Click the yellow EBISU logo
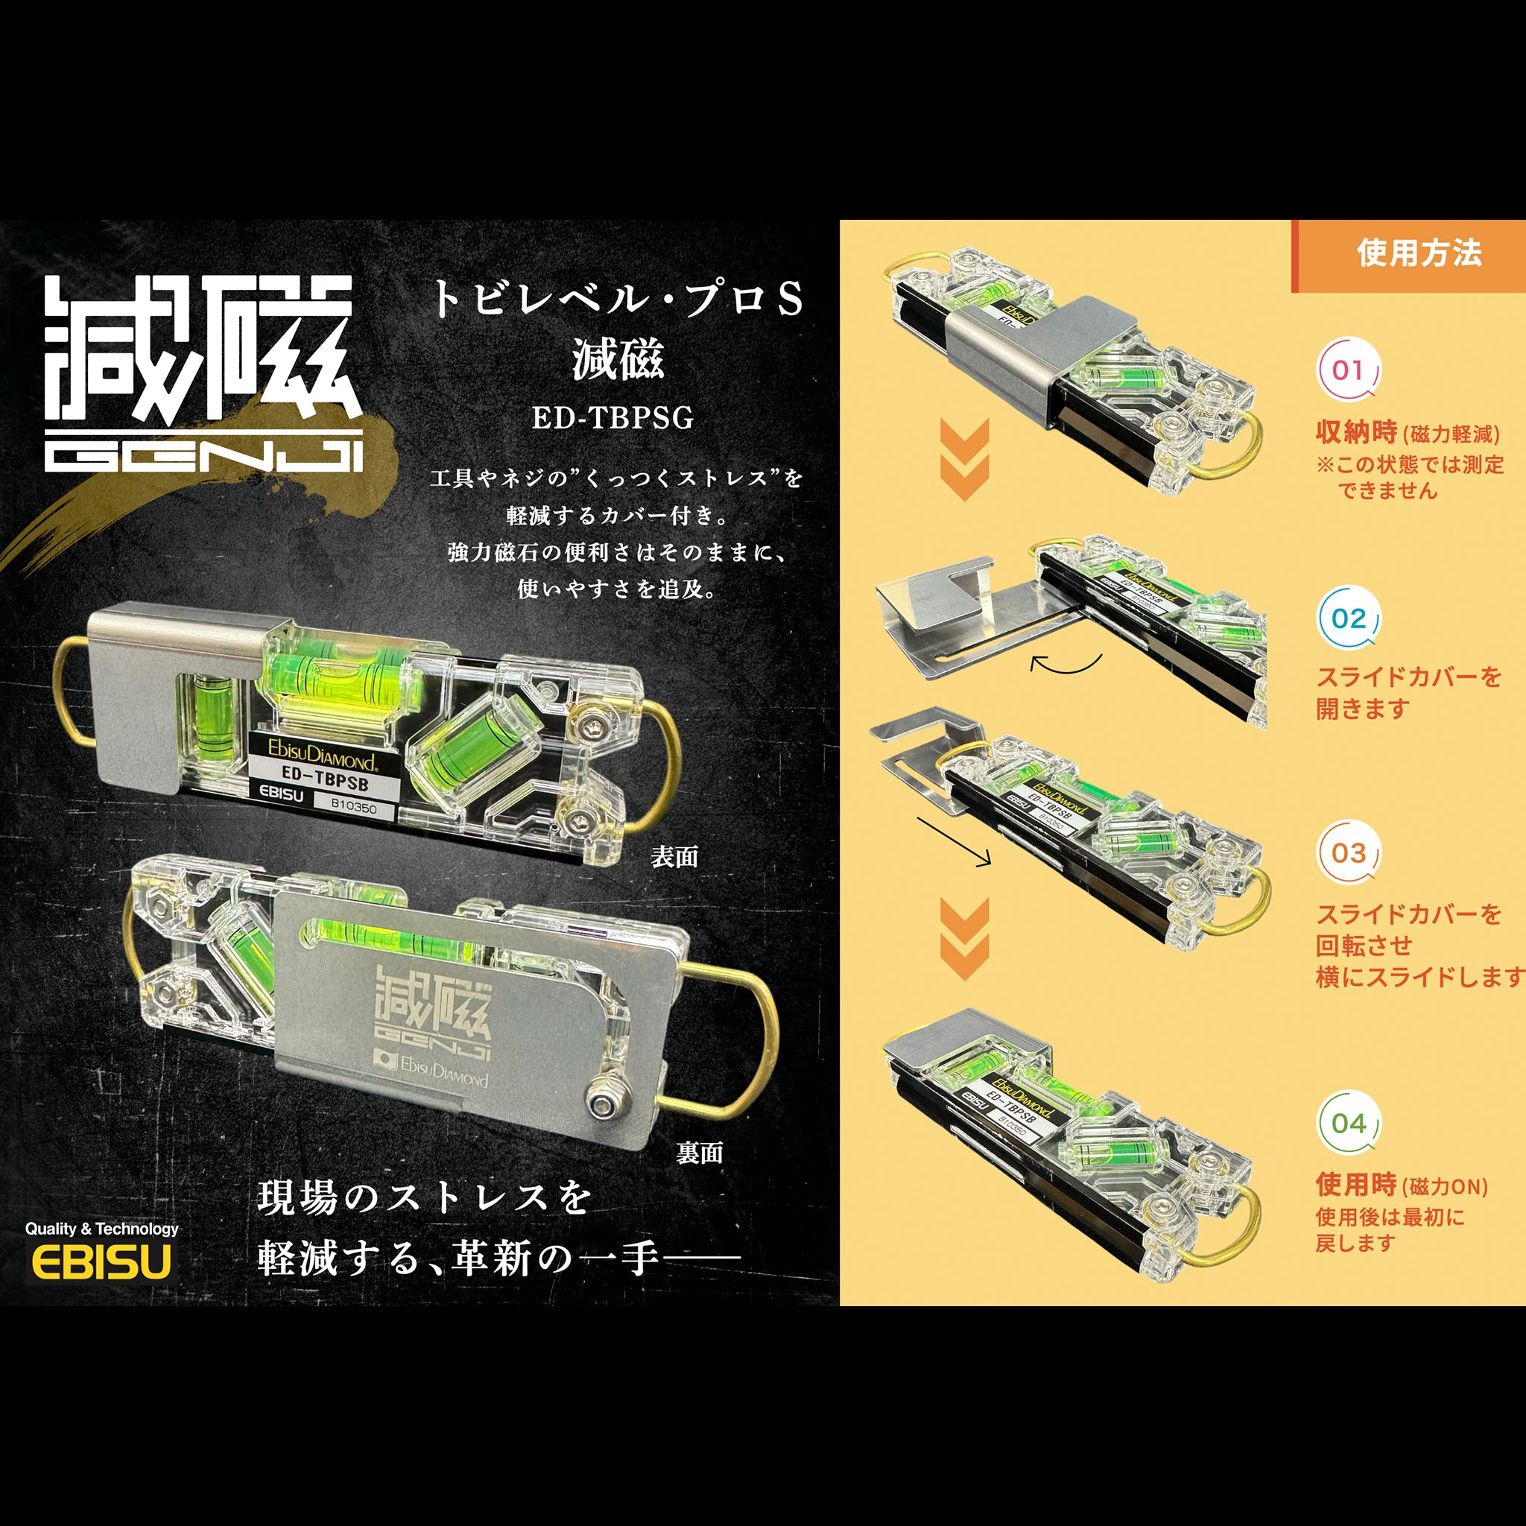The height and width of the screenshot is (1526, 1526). [101, 1261]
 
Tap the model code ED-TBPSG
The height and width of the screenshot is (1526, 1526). [612, 418]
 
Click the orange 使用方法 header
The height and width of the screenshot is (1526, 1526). [1419, 253]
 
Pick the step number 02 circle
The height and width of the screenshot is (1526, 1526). [1348, 618]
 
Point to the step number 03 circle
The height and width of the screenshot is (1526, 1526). [1348, 853]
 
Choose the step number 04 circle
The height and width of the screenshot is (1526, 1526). [1348, 1123]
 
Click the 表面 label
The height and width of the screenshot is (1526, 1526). [674, 857]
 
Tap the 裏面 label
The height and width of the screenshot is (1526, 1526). [699, 1153]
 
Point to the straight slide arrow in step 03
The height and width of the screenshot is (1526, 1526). [953, 842]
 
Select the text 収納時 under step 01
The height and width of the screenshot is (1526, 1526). [1356, 432]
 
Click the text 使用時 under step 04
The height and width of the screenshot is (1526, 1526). [1356, 1185]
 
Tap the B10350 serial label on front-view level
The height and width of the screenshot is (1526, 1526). [353, 806]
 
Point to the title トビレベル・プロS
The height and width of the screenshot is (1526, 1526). [617, 300]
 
